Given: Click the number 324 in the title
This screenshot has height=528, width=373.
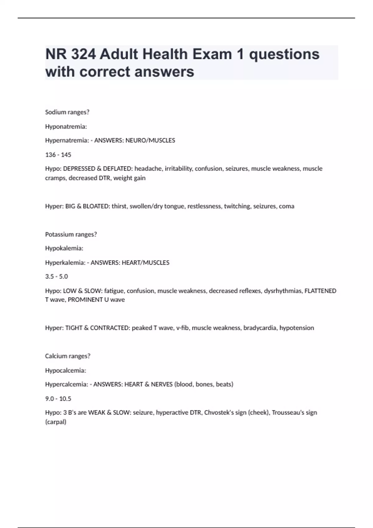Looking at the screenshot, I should (x=83, y=54).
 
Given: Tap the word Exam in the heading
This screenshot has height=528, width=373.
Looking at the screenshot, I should (x=212, y=54).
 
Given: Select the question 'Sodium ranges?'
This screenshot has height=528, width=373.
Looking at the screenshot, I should (x=67, y=112).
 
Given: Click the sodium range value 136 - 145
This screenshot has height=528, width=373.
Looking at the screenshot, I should (x=58, y=155).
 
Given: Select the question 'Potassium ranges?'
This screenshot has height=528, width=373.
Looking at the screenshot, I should (x=71, y=234).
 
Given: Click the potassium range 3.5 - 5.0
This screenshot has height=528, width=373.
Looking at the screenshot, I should (x=57, y=276).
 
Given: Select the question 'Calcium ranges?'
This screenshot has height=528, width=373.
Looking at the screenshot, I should (x=68, y=356).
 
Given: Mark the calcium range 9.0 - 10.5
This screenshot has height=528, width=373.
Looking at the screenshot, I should (x=58, y=399).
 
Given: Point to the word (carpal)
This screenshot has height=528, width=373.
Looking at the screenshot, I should (x=56, y=422).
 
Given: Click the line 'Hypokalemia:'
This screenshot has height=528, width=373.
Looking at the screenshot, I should (x=64, y=248).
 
